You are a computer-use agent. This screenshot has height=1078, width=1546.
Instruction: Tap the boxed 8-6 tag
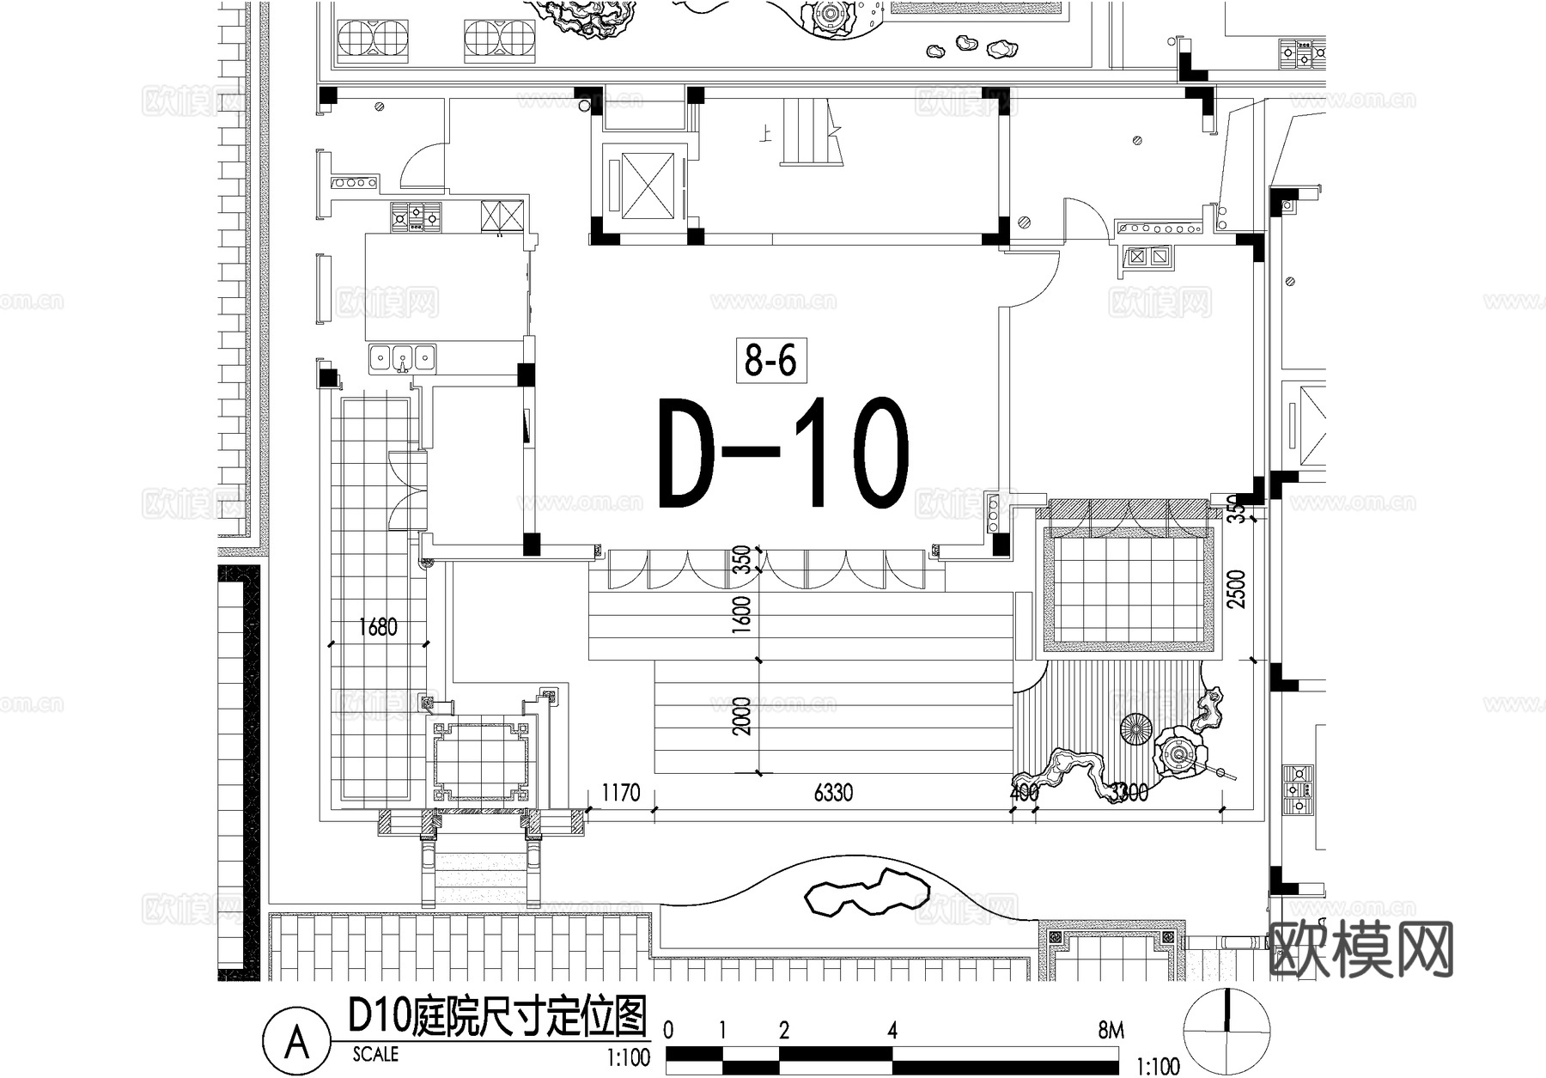770,360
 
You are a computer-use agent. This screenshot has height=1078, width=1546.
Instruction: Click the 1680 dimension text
378,627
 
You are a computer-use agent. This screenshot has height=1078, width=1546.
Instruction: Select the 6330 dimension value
833,792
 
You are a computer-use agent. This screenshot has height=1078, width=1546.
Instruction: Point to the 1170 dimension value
620,792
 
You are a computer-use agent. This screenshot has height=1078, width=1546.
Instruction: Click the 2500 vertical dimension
1236,589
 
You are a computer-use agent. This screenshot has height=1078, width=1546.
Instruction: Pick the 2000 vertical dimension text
742,716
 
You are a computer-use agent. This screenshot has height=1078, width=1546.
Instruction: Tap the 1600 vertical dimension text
742,615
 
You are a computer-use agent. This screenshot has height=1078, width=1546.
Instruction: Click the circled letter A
296,1043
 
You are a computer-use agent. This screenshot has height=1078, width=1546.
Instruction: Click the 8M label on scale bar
1110,1030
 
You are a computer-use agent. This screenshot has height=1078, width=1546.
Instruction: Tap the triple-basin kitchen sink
402,358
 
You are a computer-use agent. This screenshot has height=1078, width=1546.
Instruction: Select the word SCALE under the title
375,1054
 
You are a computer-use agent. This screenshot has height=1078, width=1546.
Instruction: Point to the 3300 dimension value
1129,792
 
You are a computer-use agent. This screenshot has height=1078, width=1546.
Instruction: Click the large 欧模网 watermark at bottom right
1361,950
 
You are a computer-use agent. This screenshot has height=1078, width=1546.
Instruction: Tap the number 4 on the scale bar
892,1030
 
